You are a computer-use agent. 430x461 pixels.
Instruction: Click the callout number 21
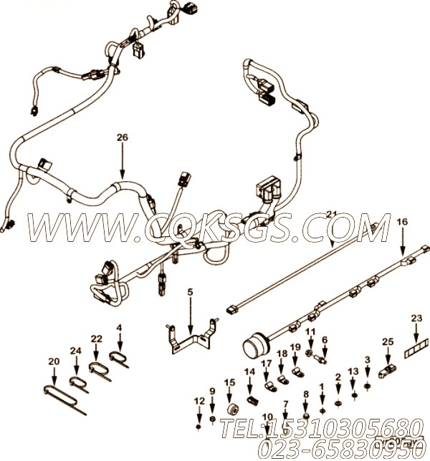point(331,214)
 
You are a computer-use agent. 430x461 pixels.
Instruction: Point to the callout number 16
point(401,223)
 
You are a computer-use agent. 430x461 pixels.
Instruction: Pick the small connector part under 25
point(388,371)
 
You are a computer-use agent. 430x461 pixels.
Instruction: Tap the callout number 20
point(51,361)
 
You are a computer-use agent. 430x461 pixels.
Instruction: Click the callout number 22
point(97,339)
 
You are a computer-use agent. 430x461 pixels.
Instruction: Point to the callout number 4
point(120,329)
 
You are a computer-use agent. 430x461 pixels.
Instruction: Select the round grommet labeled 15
point(231,409)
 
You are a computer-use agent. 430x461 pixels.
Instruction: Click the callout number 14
point(249,371)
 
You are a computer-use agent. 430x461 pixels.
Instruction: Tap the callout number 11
point(310,331)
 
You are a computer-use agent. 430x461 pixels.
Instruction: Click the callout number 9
point(212,391)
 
